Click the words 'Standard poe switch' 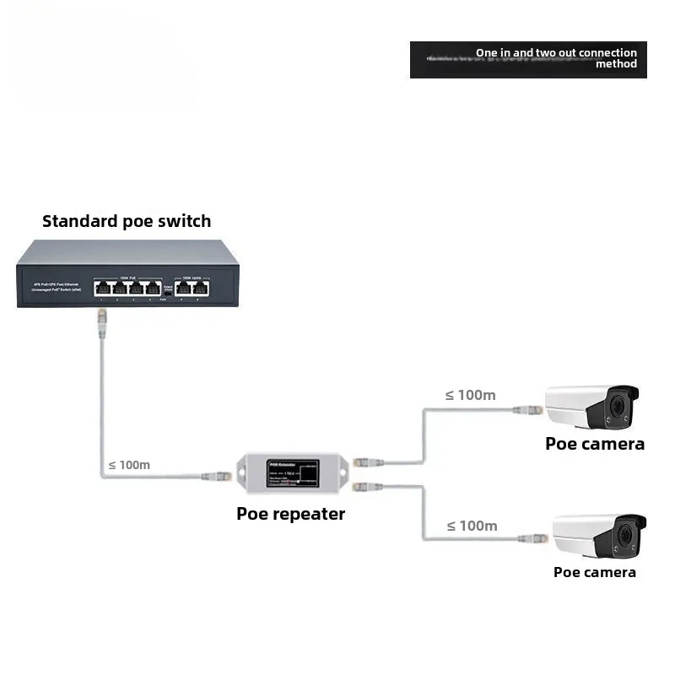pos(127,221)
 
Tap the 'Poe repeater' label pos(290,513)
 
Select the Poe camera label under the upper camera pos(595,443)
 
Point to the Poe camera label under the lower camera pos(595,572)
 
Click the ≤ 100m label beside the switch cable pos(129,465)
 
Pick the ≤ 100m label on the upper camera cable pos(470,394)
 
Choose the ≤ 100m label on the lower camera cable pos(472,526)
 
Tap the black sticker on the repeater pos(293,476)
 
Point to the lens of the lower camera pos(626,535)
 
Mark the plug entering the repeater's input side pos(218,476)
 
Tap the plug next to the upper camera pos(530,411)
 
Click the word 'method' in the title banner pos(616,64)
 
